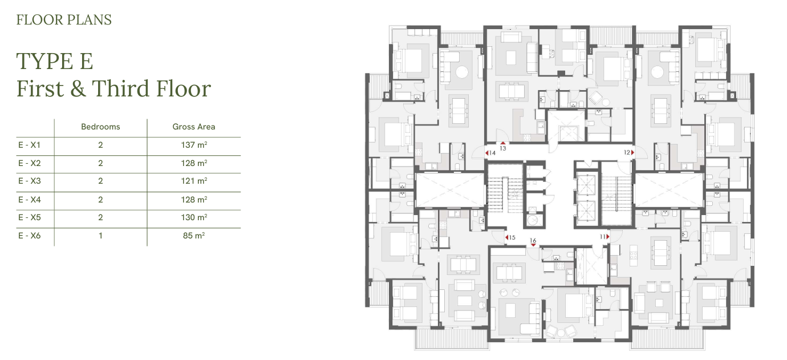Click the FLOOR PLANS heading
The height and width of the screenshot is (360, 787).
[64, 20]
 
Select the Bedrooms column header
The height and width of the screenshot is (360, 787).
[100, 127]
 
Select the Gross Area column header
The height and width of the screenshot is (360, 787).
[193, 127]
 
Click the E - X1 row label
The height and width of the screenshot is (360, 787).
[30, 145]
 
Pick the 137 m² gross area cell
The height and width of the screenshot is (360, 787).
[194, 145]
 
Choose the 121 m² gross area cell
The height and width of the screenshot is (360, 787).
[194, 181]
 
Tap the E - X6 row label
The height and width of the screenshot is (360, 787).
[30, 236]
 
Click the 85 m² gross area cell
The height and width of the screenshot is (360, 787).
[194, 236]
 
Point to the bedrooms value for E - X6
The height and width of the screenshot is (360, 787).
[100, 236]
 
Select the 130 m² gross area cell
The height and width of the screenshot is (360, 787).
[194, 217]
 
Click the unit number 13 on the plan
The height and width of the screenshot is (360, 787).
[503, 148]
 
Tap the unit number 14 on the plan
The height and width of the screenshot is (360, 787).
[492, 153]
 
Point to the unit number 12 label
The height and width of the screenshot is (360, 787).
[627, 152]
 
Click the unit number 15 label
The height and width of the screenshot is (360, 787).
[512, 238]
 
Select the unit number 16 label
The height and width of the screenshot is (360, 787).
[533, 240]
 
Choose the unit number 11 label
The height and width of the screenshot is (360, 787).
[603, 237]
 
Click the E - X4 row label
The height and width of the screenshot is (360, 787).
[30, 200]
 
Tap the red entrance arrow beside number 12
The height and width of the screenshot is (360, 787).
[632, 152]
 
